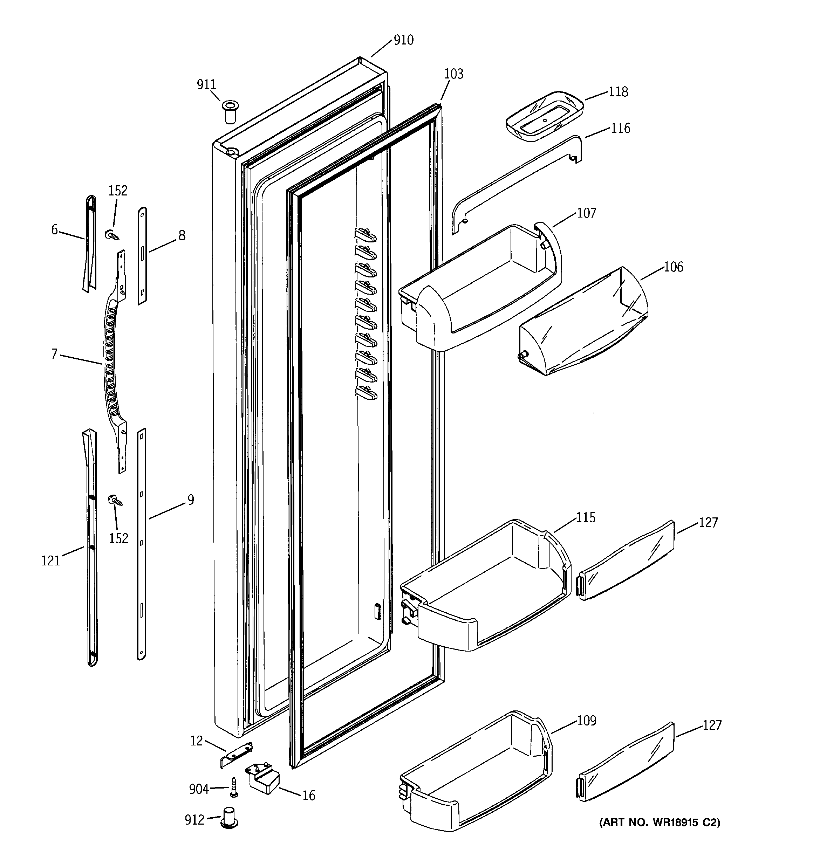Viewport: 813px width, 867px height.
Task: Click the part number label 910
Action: click(403, 40)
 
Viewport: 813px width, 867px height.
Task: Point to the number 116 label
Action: click(620, 128)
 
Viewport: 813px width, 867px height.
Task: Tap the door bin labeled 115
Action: click(484, 584)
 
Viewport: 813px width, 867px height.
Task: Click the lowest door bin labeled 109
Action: click(476, 772)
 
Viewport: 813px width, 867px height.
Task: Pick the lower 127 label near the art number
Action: click(712, 725)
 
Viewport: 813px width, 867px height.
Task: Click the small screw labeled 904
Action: click(234, 787)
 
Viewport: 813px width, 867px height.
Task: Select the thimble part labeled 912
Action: click(230, 817)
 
